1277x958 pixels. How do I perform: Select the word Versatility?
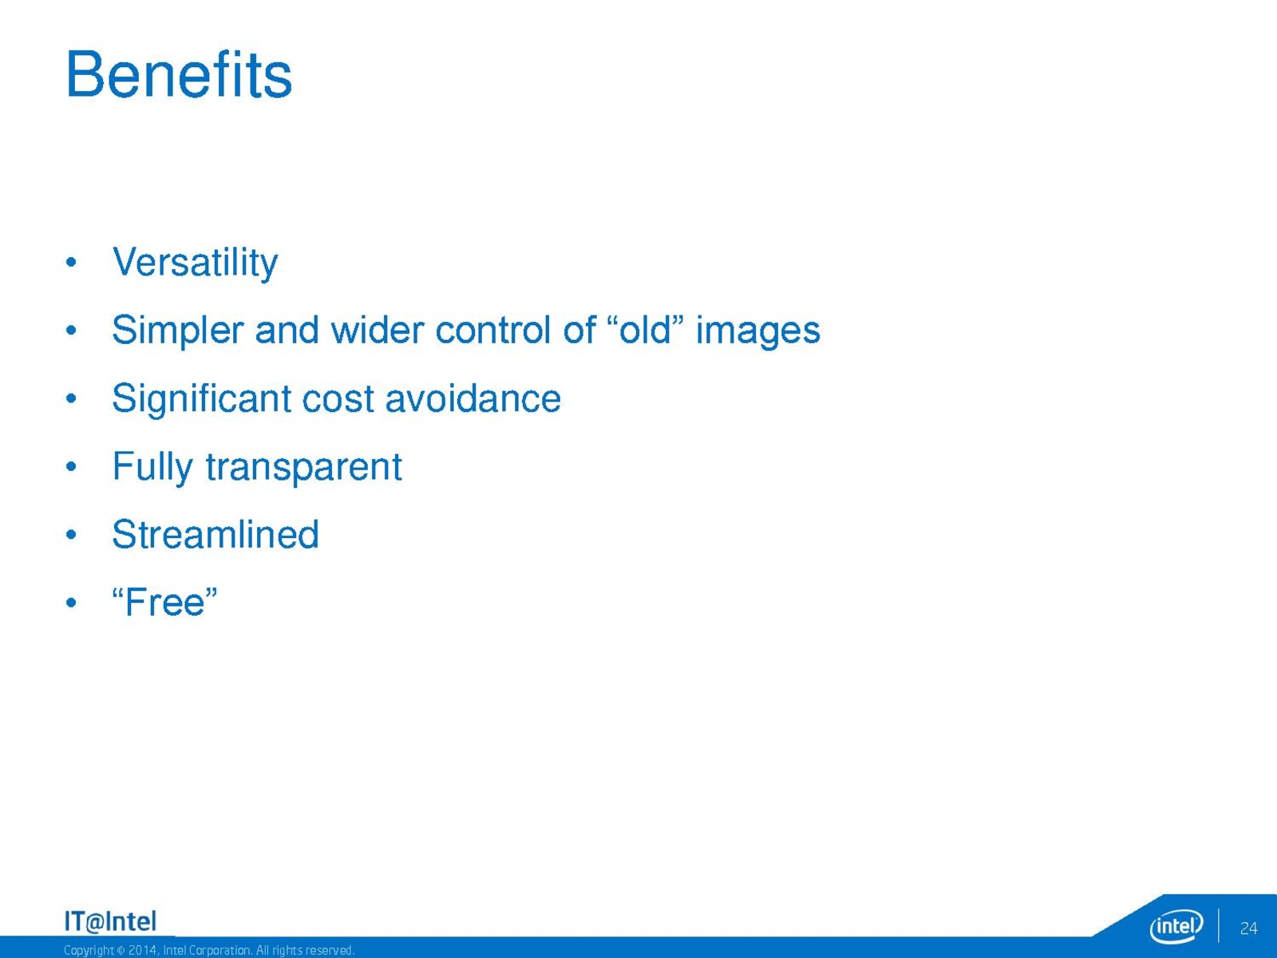(195, 263)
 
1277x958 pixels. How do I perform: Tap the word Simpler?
(177, 331)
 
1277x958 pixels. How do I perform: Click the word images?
(758, 331)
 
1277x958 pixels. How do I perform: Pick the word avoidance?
(473, 398)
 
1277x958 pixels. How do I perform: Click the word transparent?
(304, 468)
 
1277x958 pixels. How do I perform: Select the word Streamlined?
(215, 534)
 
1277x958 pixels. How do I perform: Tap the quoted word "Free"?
(164, 601)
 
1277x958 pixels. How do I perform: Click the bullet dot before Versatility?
(71, 263)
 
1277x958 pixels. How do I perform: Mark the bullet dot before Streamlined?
(71, 535)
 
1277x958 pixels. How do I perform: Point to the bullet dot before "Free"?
(71, 603)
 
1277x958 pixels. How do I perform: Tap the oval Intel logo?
(1176, 926)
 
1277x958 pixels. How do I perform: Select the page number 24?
(1248, 928)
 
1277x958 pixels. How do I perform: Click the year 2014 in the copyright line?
(142, 951)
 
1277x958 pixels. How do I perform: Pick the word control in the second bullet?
(492, 330)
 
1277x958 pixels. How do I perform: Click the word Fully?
(152, 467)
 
